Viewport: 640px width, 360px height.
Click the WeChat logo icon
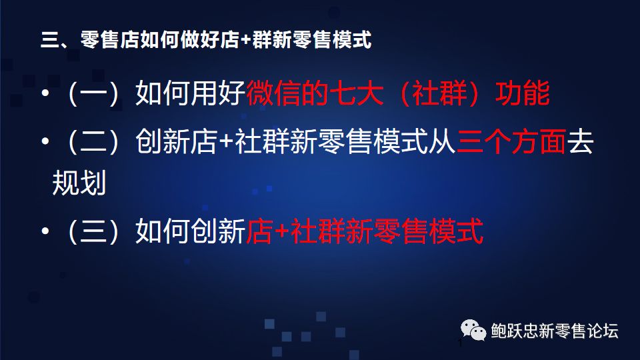[x=473, y=330]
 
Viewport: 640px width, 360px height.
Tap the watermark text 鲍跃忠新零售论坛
[x=555, y=331]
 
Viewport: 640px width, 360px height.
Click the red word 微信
[x=273, y=93]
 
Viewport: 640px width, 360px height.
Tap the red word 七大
[x=356, y=93]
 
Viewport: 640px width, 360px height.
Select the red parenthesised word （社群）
[x=439, y=93]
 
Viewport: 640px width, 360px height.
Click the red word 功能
[x=523, y=93]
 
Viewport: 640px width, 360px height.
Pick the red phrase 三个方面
[x=511, y=141]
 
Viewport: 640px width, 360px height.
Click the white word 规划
[x=79, y=182]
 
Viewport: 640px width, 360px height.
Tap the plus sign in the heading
[x=246, y=41]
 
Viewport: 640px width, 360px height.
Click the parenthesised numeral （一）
[x=94, y=93]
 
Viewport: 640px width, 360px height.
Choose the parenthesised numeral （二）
[x=94, y=141]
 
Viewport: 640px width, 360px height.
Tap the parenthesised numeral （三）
[x=94, y=231]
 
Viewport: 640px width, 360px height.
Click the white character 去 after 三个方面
[x=581, y=141]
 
